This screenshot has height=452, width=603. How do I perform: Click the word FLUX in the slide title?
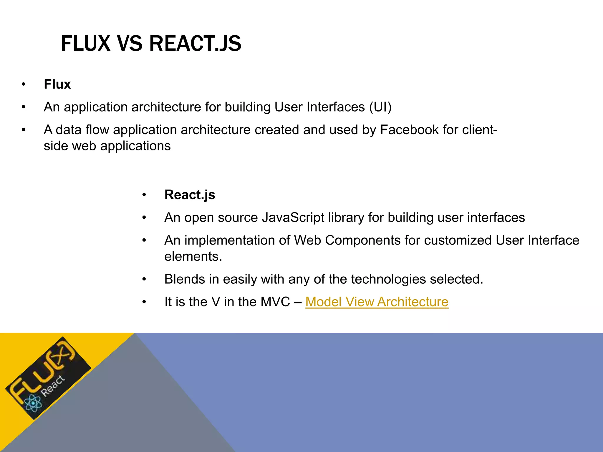click(x=85, y=44)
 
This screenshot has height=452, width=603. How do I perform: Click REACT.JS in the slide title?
click(x=195, y=44)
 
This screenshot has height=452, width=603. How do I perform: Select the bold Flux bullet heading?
click(x=57, y=84)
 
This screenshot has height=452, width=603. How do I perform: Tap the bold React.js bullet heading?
click(x=190, y=195)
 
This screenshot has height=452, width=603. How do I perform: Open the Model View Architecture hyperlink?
click(x=377, y=302)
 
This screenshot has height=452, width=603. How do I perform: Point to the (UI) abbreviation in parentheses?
click(x=380, y=107)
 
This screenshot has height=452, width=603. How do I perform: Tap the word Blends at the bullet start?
click(x=184, y=279)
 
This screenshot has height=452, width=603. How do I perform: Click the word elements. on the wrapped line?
click(x=193, y=257)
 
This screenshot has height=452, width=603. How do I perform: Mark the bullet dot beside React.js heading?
click(x=144, y=195)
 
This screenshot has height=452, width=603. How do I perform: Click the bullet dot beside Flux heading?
click(x=24, y=85)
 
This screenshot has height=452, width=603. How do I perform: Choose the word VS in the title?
click(x=130, y=44)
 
